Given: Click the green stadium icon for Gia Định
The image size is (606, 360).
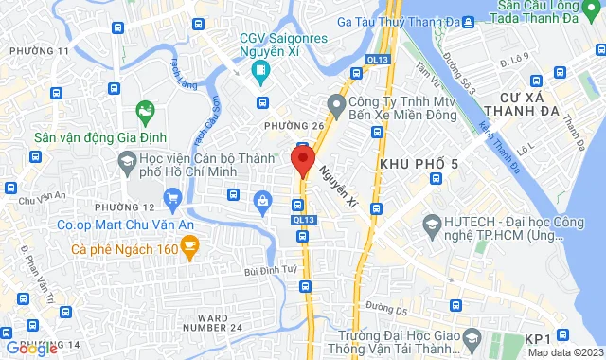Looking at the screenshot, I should point(145,113).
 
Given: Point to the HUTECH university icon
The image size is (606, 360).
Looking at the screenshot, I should point(433,225).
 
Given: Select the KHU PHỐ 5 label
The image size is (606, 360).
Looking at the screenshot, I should point(419,165).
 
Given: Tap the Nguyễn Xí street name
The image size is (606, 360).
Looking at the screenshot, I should point(337,186).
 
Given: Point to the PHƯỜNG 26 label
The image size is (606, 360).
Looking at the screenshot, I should point(287,127).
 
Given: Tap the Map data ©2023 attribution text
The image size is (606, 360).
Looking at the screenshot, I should point(564,352).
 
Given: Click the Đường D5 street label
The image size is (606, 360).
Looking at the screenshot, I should point(385,308).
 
